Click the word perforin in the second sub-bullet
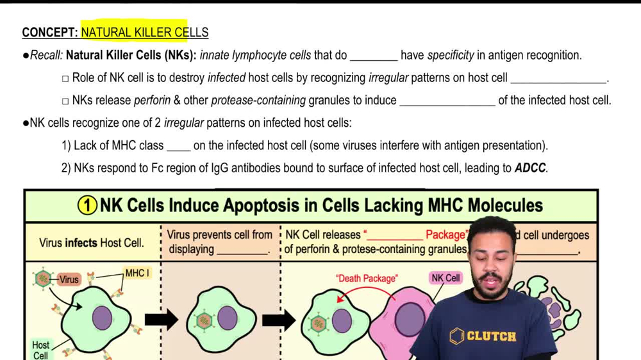[151, 101]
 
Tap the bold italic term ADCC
[530, 168]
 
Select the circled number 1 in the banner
[87, 206]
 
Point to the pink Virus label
[69, 279]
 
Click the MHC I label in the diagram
[137, 274]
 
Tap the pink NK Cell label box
[445, 278]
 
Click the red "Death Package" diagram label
[366, 278]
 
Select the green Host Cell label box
[40, 349]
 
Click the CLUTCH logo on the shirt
[483, 336]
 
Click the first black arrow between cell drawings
[161, 318]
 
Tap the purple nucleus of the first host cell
[102, 318]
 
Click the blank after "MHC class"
[178, 146]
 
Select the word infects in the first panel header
[80, 243]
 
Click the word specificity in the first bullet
[451, 56]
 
